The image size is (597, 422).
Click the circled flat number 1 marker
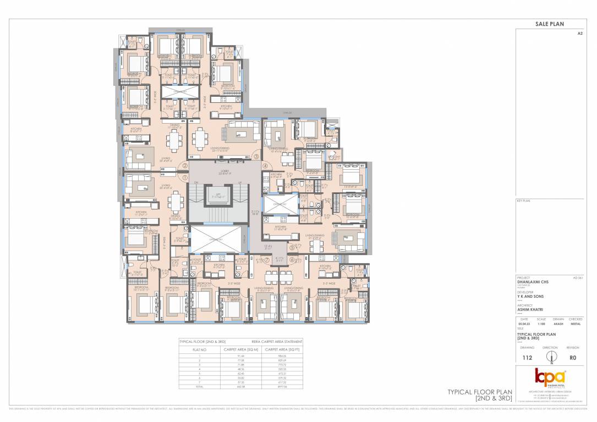pos(185,177)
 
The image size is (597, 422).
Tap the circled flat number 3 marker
pos(256,157)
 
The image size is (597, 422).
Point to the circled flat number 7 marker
pos(267,260)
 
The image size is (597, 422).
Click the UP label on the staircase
pos(239,183)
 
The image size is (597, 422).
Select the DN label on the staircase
pos(193,183)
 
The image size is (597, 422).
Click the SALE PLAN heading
pos(550,24)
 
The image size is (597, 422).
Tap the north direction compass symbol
pos(550,356)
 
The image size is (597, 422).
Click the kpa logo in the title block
pos(550,377)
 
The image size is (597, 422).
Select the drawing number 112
pos(527,358)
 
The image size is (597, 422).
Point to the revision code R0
pos(573,358)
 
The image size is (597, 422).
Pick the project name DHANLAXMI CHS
pos(533,282)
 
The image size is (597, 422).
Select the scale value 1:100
pos(541,324)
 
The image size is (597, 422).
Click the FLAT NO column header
pos(199,349)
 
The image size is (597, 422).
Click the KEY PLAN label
pos(523,202)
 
